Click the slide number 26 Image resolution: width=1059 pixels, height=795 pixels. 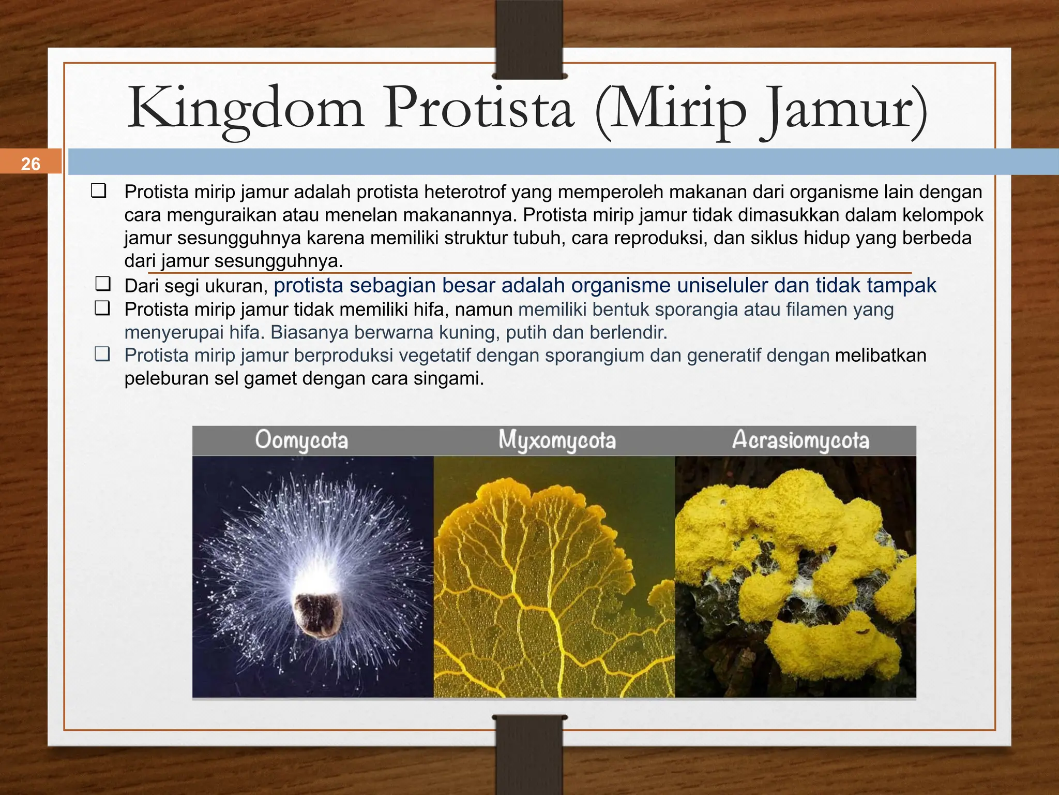[x=31, y=164]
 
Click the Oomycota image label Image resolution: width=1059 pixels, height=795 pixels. [x=301, y=441]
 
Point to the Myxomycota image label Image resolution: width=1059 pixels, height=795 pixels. [x=557, y=441]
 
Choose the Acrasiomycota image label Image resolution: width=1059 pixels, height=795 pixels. [x=800, y=441]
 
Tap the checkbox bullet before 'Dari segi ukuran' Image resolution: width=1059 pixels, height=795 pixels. [x=103, y=284]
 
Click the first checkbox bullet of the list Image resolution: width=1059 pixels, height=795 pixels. [x=99, y=190]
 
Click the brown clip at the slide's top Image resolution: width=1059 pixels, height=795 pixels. [x=529, y=39]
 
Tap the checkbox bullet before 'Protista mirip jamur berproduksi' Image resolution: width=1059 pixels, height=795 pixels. [x=102, y=355]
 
